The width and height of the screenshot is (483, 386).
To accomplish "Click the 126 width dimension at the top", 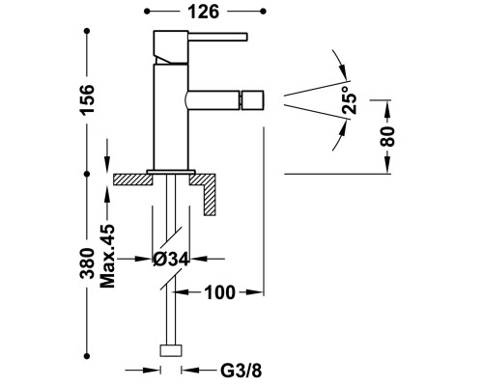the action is [203, 12].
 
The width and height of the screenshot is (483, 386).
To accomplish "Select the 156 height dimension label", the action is [87, 99].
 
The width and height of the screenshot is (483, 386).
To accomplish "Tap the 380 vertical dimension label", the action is [87, 263].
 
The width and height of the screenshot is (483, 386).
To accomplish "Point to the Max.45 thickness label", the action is [107, 256].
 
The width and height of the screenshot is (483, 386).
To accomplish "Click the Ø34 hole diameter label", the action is [171, 260].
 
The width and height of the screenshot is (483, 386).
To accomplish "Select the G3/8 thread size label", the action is [241, 371].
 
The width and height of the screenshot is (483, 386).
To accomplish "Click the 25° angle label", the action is [350, 99].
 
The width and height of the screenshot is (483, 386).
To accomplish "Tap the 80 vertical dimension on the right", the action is [387, 136].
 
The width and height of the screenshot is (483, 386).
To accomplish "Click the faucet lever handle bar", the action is [217, 37].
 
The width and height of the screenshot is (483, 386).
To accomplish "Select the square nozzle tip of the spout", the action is [253, 99].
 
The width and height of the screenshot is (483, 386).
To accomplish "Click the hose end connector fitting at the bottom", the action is [171, 350].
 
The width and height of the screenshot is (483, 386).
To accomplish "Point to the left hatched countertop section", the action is [132, 179].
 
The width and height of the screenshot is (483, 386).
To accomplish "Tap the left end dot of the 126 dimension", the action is [147, 12].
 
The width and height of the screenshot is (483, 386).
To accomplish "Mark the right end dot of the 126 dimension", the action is [263, 12].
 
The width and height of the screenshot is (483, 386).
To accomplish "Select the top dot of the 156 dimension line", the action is [87, 31].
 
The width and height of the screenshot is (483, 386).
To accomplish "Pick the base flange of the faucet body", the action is [171, 172].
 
